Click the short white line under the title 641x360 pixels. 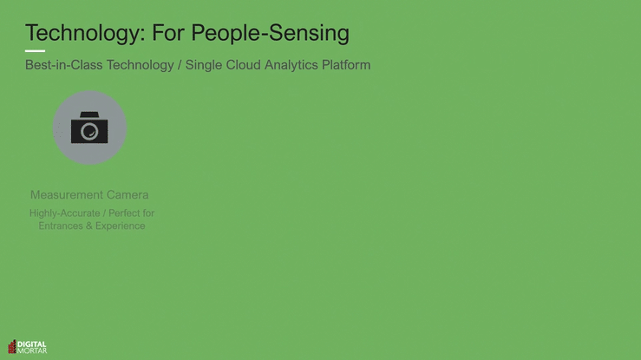36,51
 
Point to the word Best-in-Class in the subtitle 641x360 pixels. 64,65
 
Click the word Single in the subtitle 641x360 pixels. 204,65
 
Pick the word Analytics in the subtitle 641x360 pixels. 291,65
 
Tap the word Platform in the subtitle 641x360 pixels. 346,65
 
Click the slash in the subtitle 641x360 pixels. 180,65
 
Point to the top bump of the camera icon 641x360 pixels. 89,115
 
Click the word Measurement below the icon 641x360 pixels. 67,195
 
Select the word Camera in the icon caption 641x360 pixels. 128,195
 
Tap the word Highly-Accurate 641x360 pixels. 64,213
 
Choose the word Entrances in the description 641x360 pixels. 61,226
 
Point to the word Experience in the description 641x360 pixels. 121,226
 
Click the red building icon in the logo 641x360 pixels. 12,346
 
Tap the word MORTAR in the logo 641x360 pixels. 32,350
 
